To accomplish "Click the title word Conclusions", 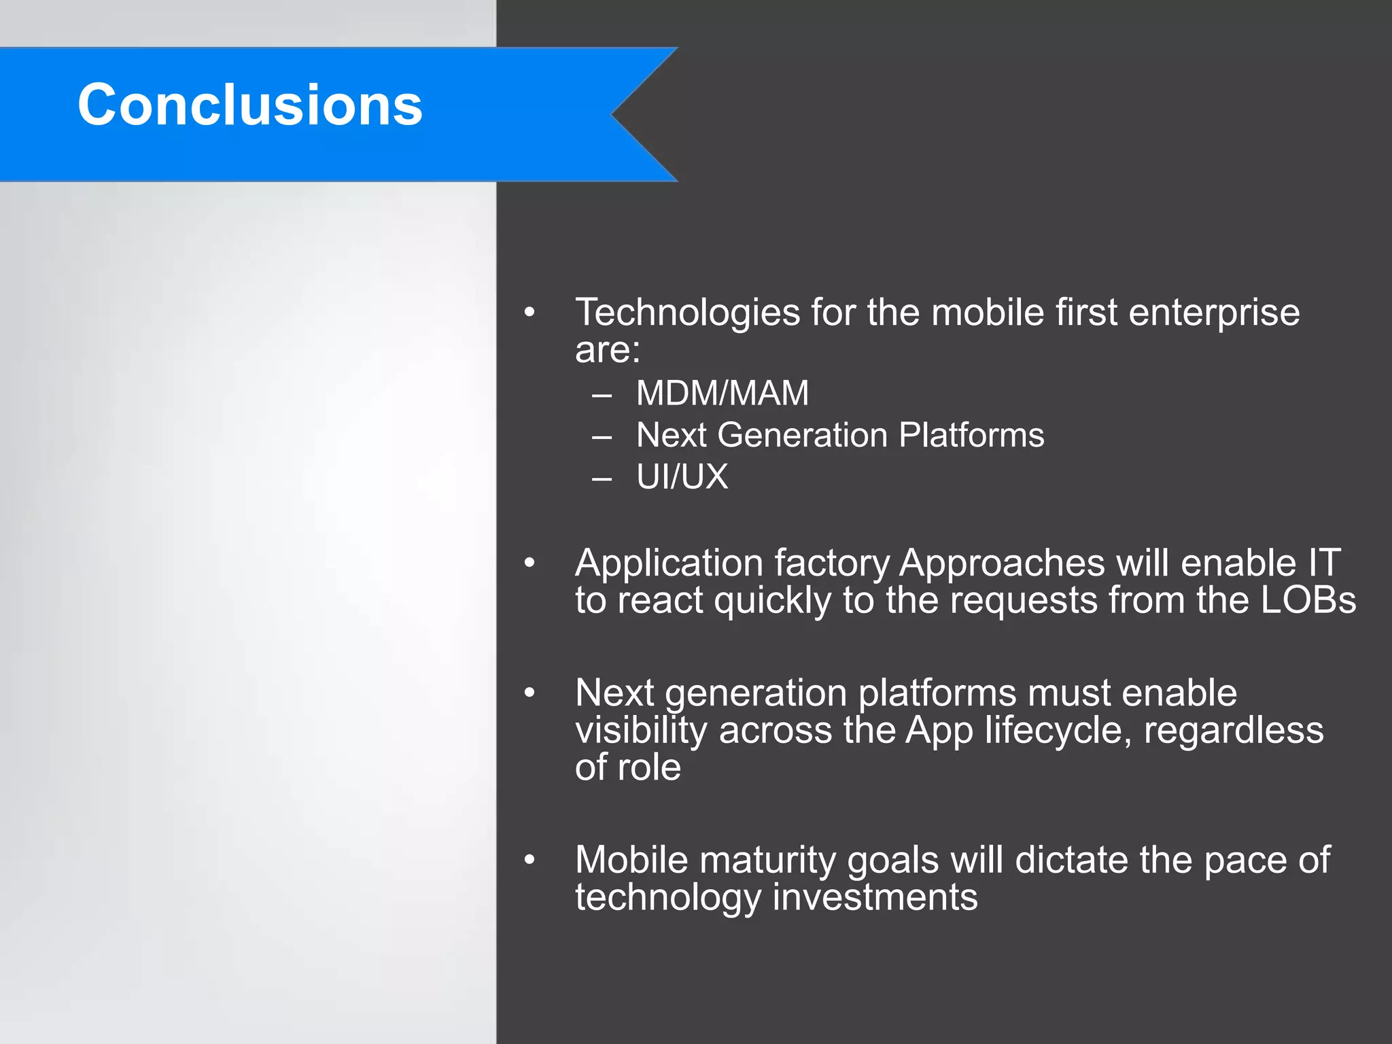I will [250, 105].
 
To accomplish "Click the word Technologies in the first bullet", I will [687, 313].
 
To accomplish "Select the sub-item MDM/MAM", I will [723, 393].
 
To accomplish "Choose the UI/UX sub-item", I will [682, 476].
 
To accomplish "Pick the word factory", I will [831, 564].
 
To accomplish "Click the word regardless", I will [1234, 731].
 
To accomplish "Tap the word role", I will [649, 767].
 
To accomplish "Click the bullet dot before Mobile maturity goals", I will [529, 860].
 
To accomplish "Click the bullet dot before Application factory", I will [529, 563].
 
